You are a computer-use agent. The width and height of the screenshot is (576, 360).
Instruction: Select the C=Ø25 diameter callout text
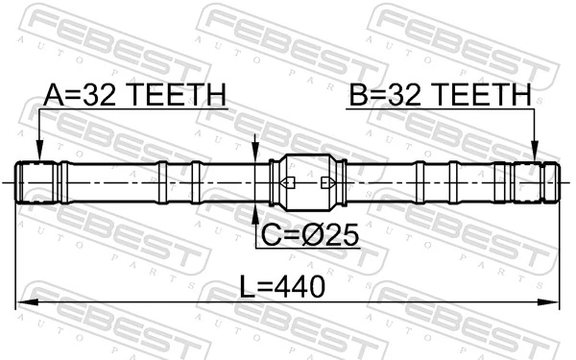pos(308,234)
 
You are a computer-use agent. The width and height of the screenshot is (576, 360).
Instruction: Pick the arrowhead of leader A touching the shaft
pos(39,154)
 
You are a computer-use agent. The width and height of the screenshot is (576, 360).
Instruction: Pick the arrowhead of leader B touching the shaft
pos(535,154)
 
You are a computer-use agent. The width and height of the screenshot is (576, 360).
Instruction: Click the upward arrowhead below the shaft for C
pos(254,209)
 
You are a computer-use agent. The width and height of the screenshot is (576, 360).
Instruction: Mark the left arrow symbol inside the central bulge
pos(285,181)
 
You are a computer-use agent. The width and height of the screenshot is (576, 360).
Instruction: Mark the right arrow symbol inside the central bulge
pos(326,181)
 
